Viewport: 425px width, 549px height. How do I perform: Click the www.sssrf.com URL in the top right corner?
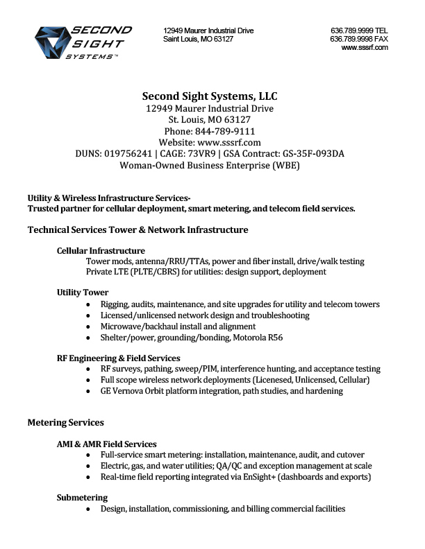coord(365,48)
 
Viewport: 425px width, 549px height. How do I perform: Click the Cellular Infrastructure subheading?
coord(101,250)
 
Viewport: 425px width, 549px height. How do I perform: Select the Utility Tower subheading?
coord(83,293)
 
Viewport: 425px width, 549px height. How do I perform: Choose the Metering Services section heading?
coord(65,422)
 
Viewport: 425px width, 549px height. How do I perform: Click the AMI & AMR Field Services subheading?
coord(106,444)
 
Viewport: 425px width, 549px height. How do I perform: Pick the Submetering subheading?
coord(82,498)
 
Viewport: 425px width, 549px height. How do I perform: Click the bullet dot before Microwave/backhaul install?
coord(87,326)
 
